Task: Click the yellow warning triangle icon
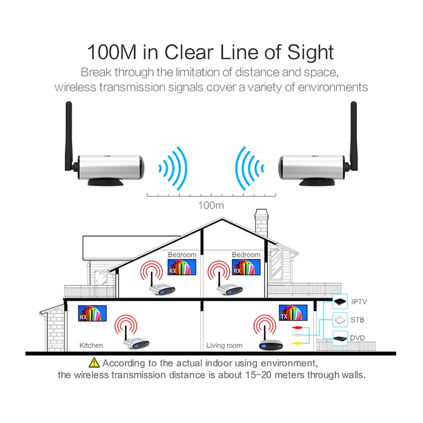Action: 94,363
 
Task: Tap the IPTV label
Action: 359,302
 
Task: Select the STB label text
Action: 357,320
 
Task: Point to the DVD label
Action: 357,338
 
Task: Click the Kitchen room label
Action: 91,345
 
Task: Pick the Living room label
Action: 224,345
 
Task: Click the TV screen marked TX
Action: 293,313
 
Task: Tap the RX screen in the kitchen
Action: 92,313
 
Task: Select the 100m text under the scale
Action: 211,206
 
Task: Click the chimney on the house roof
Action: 261,223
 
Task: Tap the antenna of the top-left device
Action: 69,136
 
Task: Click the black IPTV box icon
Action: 340,301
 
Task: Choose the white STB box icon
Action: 340,320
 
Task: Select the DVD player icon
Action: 340,338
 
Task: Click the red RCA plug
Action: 297,327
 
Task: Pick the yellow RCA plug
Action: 297,343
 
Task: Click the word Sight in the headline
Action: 310,52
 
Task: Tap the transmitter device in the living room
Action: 271,345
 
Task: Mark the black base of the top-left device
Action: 106,182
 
